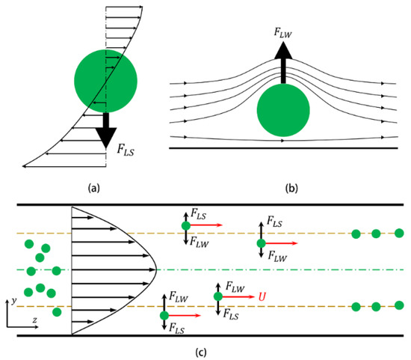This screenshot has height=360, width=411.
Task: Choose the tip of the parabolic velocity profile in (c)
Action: coord(154,269)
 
